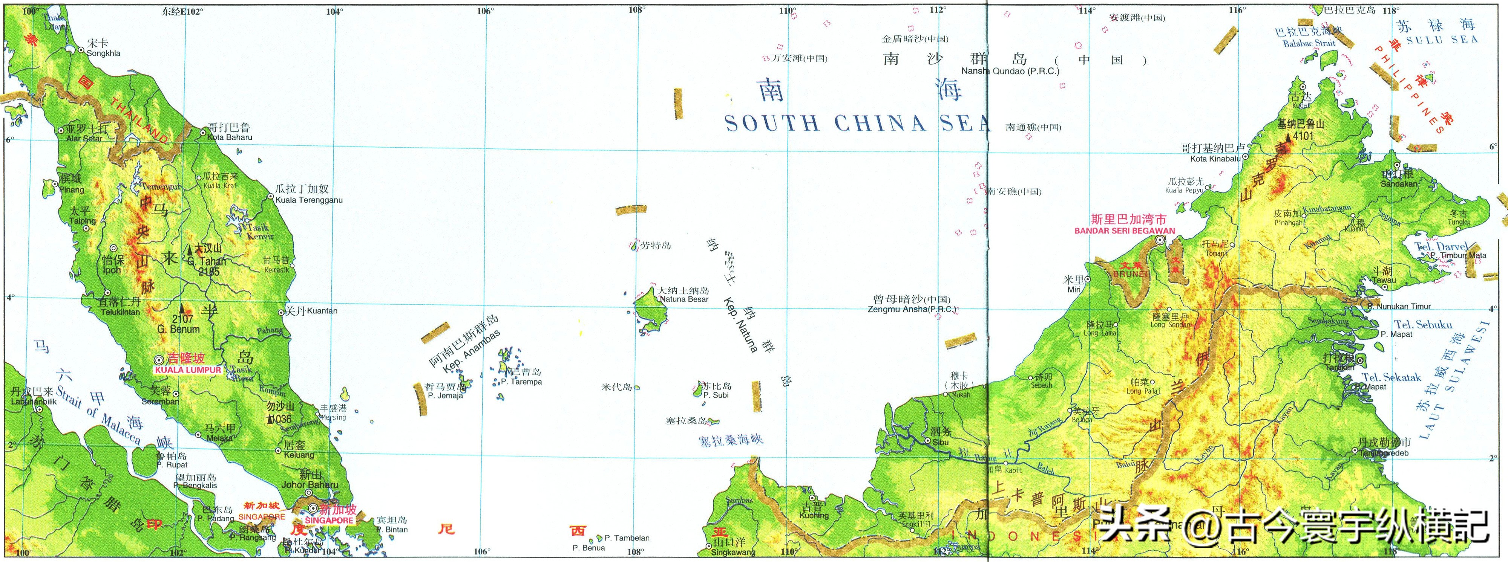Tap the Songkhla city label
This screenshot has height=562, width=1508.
[104, 53]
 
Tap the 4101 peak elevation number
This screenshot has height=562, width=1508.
[1299, 136]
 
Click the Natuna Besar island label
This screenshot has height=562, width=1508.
[684, 299]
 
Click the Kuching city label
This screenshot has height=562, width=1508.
[814, 515]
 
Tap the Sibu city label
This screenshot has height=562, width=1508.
[940, 442]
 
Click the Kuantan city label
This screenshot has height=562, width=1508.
[322, 310]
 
